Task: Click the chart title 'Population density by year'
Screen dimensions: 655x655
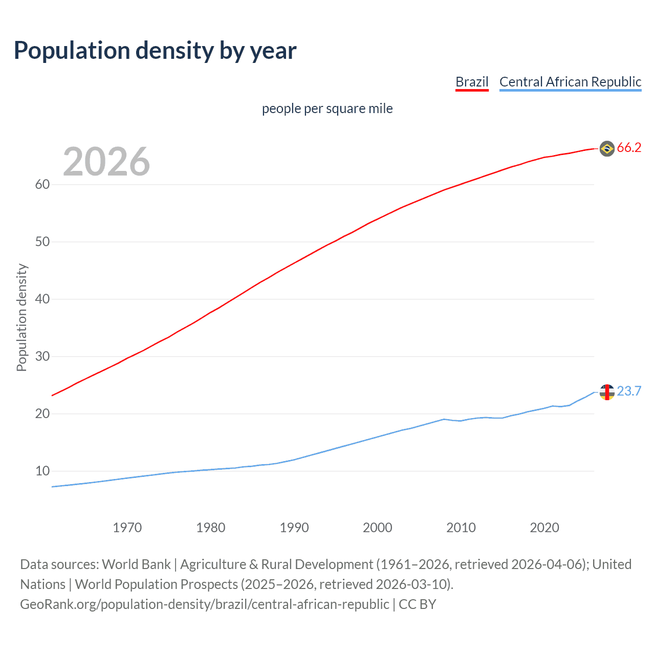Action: (155, 51)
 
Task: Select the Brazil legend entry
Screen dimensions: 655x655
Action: (472, 82)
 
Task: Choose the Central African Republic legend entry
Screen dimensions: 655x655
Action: (570, 82)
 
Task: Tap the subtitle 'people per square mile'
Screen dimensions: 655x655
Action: (327, 108)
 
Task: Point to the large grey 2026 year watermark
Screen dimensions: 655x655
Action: (106, 162)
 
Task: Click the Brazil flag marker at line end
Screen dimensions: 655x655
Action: (607, 148)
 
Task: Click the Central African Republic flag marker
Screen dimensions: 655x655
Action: (607, 392)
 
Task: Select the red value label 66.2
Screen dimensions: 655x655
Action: (629, 148)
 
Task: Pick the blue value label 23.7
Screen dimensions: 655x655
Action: (629, 391)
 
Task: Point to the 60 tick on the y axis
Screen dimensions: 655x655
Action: (42, 185)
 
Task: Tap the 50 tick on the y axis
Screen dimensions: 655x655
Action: (42, 242)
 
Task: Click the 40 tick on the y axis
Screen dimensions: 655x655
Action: (42, 299)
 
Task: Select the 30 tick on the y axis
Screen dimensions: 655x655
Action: (42, 357)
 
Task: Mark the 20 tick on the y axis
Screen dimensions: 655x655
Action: (42, 414)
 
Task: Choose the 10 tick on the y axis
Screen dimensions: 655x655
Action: (42, 471)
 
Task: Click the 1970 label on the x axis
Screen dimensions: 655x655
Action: (127, 528)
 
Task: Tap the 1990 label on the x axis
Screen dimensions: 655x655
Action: (294, 528)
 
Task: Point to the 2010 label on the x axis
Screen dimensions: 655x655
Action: (461, 528)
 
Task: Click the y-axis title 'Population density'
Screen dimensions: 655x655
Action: (21, 317)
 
